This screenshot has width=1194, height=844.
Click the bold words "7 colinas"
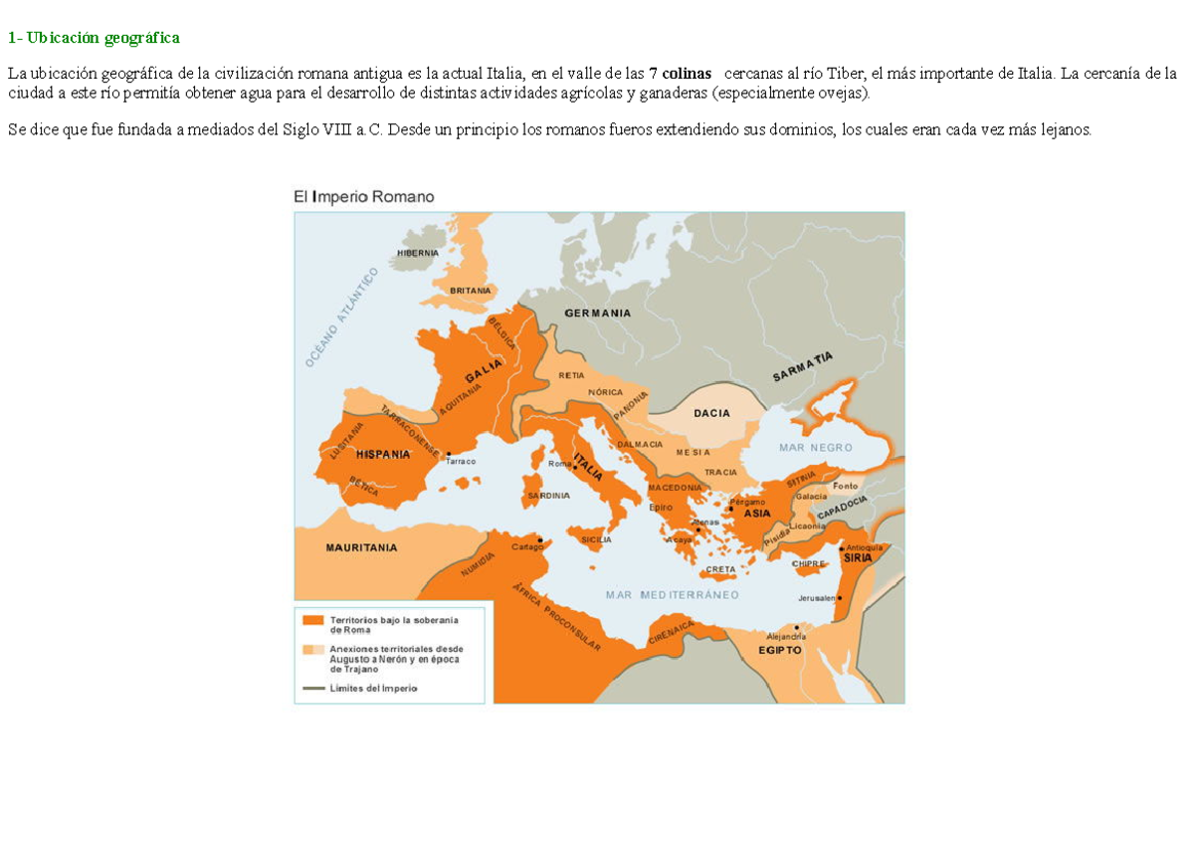tap(682, 75)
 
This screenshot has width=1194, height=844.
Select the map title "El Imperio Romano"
tap(363, 197)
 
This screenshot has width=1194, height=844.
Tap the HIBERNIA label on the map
tap(418, 253)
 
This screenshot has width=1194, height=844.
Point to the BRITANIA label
tap(471, 290)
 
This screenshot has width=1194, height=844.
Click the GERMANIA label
tap(597, 313)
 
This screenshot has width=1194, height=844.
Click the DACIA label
tap(711, 413)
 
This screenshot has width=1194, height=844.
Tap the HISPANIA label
tap(383, 454)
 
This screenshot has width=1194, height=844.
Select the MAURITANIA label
tap(361, 547)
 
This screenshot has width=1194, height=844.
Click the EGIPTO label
tap(780, 649)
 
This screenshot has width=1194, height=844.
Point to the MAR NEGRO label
tap(816, 448)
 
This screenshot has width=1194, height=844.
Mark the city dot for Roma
tap(575, 467)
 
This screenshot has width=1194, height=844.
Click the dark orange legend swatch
tap(313, 620)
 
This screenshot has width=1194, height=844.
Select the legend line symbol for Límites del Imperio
tap(313, 688)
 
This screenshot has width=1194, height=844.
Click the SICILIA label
tap(595, 539)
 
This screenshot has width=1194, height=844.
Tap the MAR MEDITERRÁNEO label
tap(673, 595)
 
